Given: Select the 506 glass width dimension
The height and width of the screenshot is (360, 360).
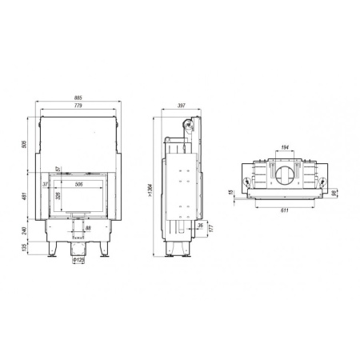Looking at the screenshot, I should click(78, 185).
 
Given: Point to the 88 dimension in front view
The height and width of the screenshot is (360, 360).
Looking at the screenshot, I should click(88, 229).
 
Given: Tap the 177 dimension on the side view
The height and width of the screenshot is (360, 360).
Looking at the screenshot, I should click(210, 228).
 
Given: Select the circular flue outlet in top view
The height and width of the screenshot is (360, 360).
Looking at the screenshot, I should click(285, 174).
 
